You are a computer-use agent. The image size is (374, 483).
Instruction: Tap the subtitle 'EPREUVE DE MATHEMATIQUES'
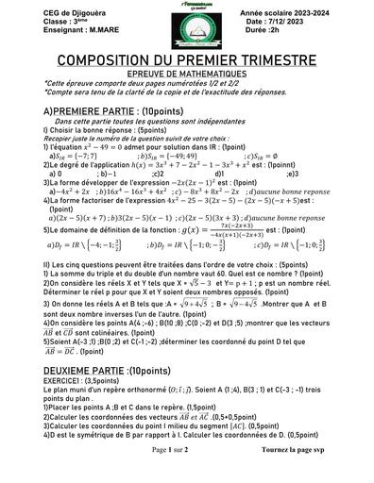point(187,73)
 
